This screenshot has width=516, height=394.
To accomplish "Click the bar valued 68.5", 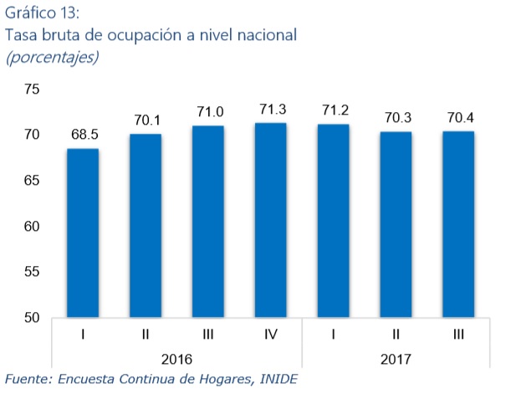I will tap(83, 233).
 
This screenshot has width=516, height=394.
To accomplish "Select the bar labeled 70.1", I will tap(146, 226).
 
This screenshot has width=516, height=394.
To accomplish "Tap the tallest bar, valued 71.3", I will tap(270, 221).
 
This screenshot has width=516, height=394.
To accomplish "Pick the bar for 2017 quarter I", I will tap(333, 221).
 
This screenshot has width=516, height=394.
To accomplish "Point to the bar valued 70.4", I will tap(457, 225).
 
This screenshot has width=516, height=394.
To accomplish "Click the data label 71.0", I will tap(208, 112).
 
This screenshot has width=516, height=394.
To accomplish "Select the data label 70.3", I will tap(396, 118).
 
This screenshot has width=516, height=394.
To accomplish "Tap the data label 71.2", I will tap(333, 110).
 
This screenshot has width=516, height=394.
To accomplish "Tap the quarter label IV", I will tap(270, 335).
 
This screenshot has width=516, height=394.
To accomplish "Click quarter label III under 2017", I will tap(457, 335).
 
